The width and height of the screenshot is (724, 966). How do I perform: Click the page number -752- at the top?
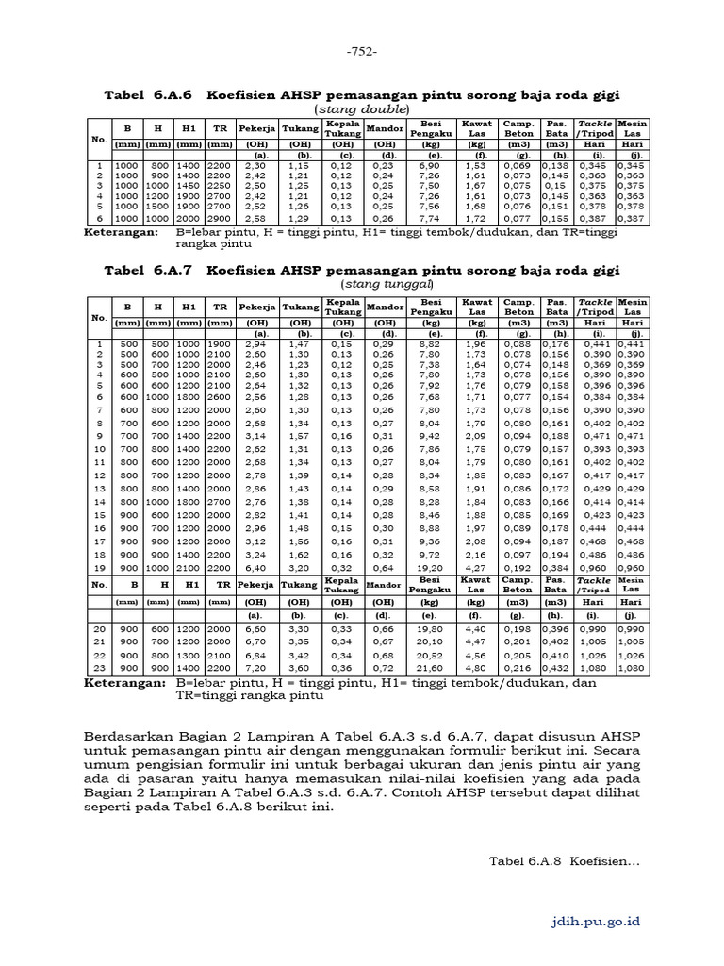pos(361,51)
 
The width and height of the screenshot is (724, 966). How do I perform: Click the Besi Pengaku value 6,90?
pos(429,166)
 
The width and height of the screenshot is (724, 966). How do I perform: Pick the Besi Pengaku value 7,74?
pos(429,217)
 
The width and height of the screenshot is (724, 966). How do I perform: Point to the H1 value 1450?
pos(189,186)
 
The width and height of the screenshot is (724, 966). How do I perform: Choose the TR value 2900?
pos(220,217)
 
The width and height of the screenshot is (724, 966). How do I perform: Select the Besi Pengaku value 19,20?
pos(429,569)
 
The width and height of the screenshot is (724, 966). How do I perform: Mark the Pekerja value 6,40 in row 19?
pos(255,569)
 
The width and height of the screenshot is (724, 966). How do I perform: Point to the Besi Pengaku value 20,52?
pos(429,655)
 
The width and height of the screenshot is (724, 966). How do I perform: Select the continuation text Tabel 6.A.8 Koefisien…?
pos(565,860)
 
